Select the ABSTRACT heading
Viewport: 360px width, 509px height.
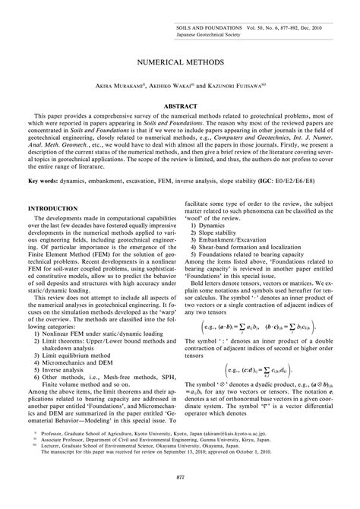pos(180,107)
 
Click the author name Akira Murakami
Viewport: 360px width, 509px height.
pos(118,88)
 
